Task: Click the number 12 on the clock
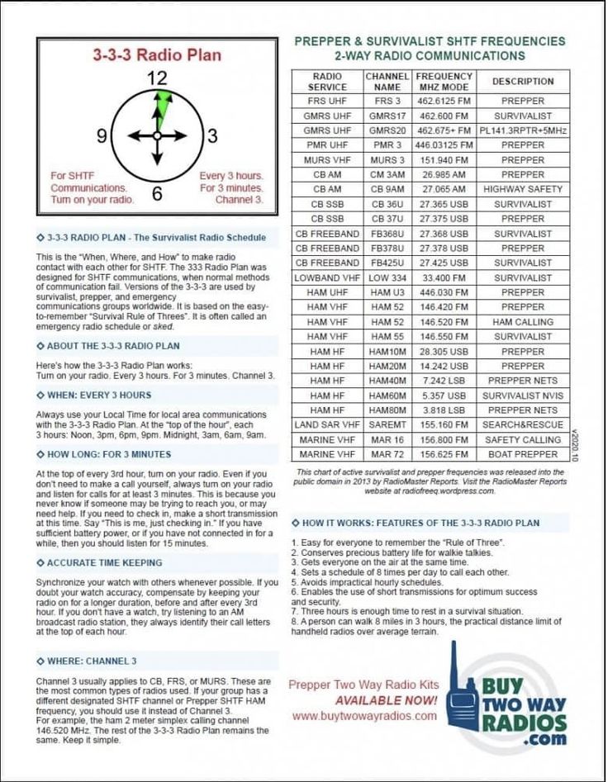click(x=157, y=79)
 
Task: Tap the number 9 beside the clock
click(x=102, y=135)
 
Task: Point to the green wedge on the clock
click(x=162, y=105)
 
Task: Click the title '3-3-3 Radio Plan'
click(x=157, y=55)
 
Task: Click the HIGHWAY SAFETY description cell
click(x=523, y=189)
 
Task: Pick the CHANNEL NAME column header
click(x=387, y=81)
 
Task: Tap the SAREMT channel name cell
click(x=387, y=424)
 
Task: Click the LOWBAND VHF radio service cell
click(x=327, y=278)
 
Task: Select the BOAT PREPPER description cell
click(x=523, y=454)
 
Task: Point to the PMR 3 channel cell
click(x=387, y=145)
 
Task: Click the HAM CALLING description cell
click(x=523, y=322)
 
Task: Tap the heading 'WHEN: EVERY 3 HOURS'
click(x=99, y=396)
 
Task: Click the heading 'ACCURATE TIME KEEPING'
click(x=104, y=563)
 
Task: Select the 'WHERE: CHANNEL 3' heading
click(x=92, y=661)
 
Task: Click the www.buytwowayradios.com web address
click(x=363, y=716)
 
